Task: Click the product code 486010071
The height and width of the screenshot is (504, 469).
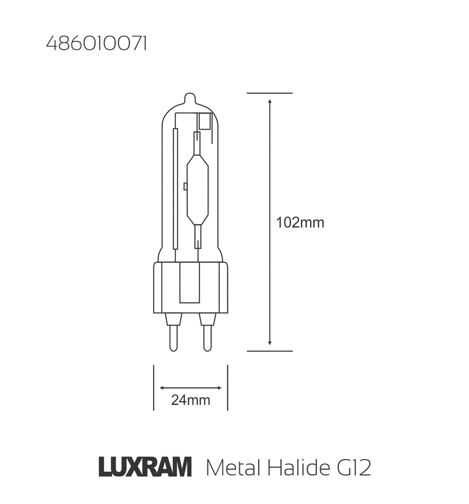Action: pos(96,45)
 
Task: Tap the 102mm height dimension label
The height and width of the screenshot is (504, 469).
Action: pos(300,222)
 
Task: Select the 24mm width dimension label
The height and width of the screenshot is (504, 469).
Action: pos(191,401)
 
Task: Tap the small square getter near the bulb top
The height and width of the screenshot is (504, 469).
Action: pos(205,122)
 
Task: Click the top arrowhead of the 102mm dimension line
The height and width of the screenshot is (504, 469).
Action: pos(269,101)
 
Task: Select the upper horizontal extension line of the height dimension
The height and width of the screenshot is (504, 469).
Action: pos(269,93)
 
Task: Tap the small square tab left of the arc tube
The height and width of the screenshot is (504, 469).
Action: pos(185,187)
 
